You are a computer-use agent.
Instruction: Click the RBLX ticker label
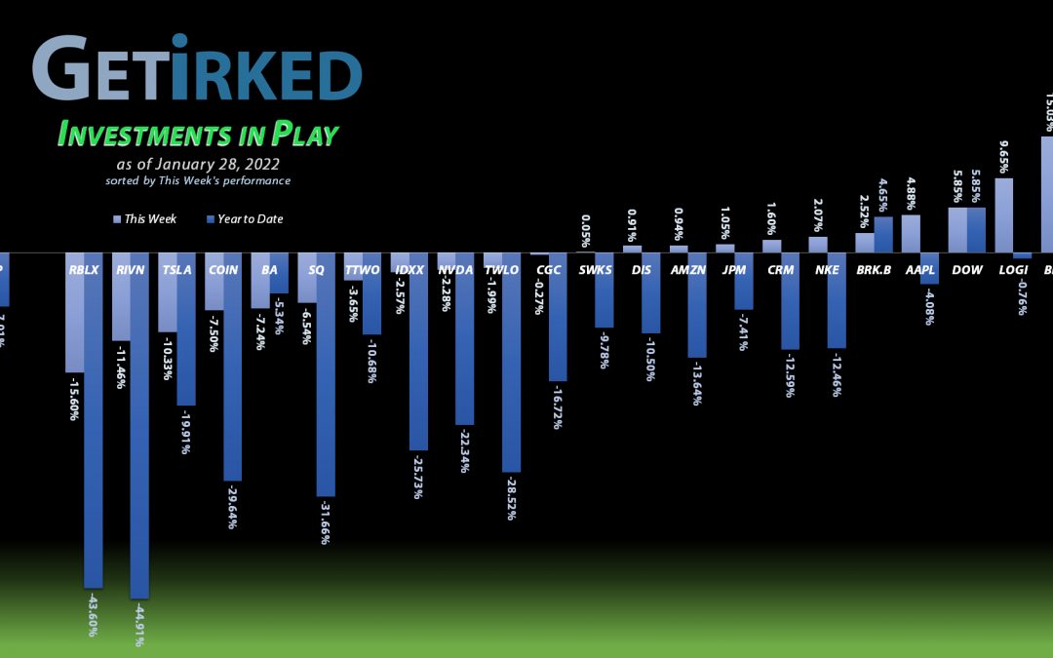[84, 269]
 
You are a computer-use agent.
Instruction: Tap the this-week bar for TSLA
[168, 292]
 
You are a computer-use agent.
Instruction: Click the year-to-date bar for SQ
[326, 374]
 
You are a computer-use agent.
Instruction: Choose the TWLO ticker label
[502, 269]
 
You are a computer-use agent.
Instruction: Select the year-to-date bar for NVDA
[465, 339]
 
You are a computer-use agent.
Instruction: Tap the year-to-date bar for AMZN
[697, 305]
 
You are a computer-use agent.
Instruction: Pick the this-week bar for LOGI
[1003, 215]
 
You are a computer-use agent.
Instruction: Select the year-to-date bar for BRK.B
[883, 235]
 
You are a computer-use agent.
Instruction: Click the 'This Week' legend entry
[145, 219]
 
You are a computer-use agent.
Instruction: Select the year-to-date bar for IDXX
[418, 351]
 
